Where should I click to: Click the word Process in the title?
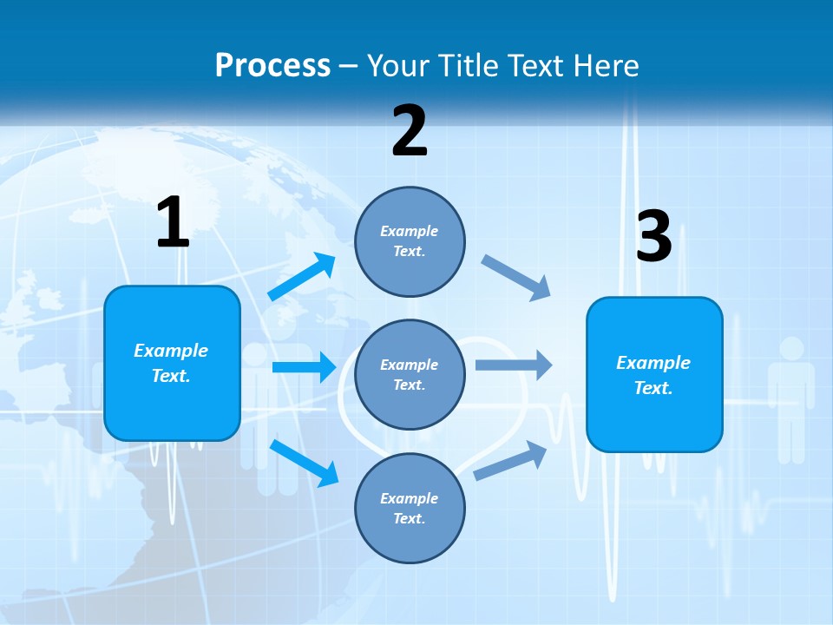point(272,65)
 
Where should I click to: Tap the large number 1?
point(173,223)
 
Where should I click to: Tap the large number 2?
point(410,131)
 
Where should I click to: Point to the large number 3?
point(653,237)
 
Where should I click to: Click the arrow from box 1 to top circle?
point(302,277)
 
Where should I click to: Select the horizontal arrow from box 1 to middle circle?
point(304,367)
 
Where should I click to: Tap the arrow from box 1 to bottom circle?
point(305,463)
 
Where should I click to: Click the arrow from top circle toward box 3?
point(516,278)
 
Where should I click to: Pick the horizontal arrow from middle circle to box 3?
point(514,365)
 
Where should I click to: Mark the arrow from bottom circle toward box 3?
point(510,461)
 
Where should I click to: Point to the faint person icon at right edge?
point(790,399)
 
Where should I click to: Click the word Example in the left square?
point(171,351)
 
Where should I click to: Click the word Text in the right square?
point(653,388)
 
